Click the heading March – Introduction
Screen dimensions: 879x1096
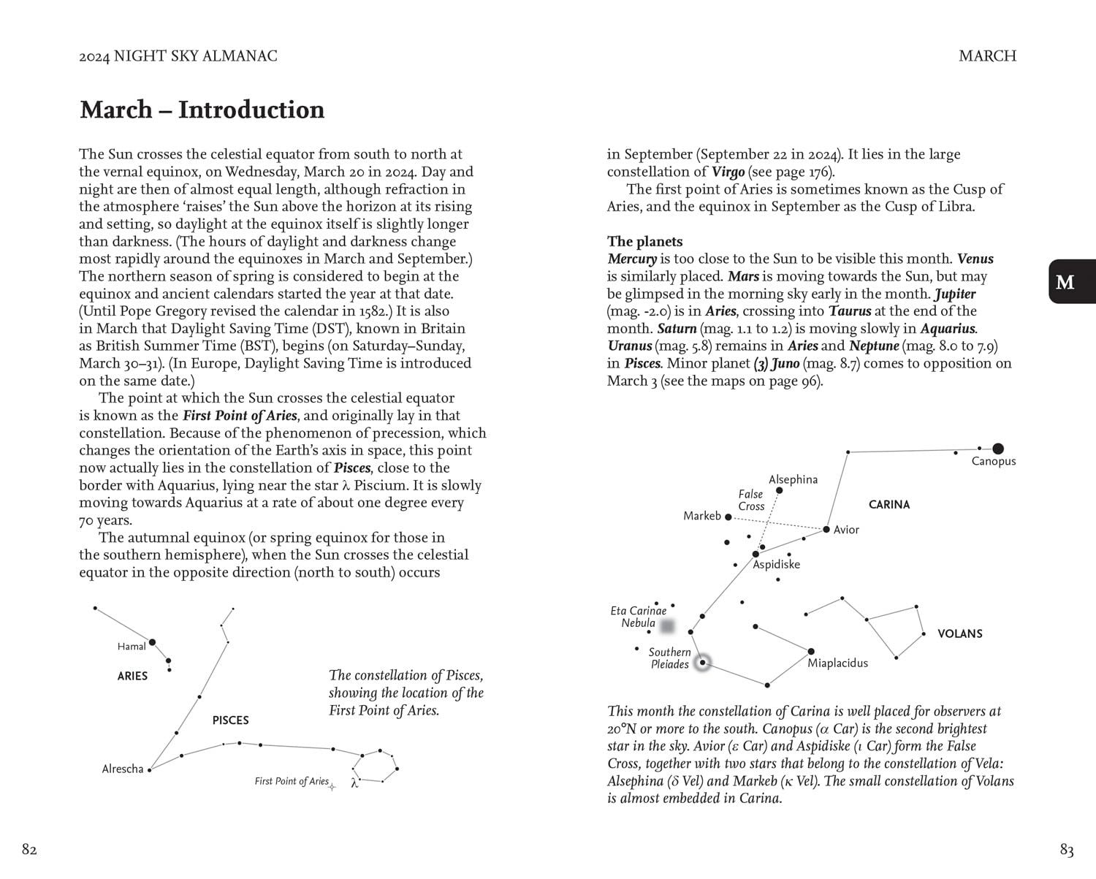click(x=202, y=110)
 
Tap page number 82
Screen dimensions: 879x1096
click(x=29, y=849)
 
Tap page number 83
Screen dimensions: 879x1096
click(x=1067, y=850)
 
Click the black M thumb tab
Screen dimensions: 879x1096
click(x=1072, y=281)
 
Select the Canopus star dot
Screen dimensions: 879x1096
click(x=998, y=449)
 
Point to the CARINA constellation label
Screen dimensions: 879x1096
click(x=888, y=504)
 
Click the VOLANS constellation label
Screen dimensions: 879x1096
click(x=959, y=633)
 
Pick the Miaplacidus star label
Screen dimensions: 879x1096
click(x=837, y=663)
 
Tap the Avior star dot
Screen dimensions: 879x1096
click(x=826, y=529)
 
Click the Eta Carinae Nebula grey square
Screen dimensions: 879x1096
click(x=667, y=626)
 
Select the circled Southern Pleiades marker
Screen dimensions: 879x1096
click(x=702, y=663)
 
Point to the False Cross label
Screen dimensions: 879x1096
click(x=750, y=500)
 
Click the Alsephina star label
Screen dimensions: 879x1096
click(x=793, y=479)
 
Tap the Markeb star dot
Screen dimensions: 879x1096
click(x=728, y=517)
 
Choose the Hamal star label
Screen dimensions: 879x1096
click(x=132, y=646)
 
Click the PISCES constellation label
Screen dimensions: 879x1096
click(x=230, y=720)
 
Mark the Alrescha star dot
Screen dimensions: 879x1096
click(x=150, y=769)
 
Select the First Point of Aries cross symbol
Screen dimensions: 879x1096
click(x=332, y=786)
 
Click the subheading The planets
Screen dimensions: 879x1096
click(x=644, y=241)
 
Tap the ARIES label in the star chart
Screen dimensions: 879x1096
click(x=132, y=676)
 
